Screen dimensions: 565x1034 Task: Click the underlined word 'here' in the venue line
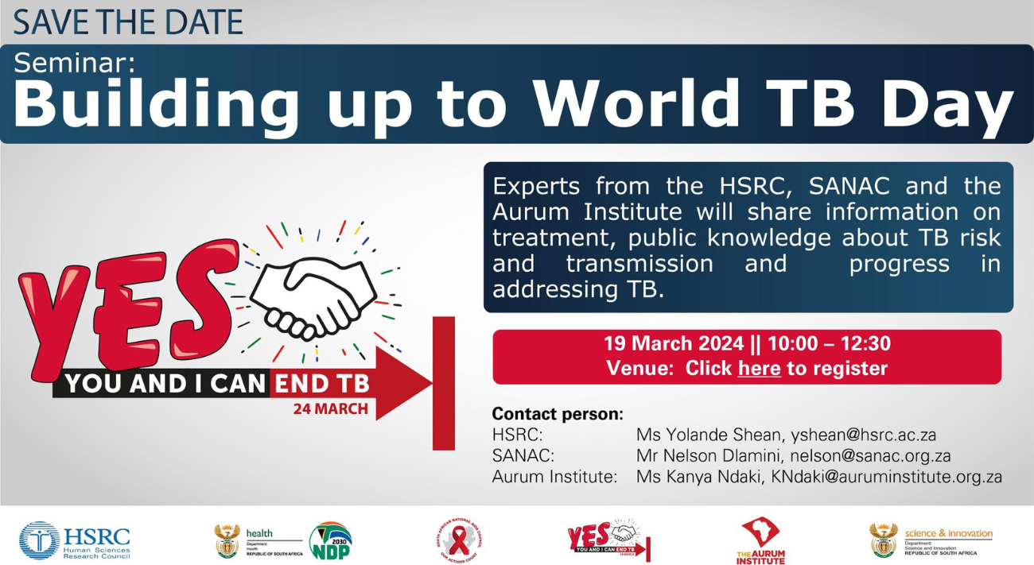pyautogui.click(x=759, y=369)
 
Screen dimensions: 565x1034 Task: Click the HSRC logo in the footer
pyautogui.click(x=75, y=540)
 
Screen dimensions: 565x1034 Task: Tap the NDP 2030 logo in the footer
pyautogui.click(x=330, y=541)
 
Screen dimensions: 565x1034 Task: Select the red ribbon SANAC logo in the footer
pyautogui.click(x=460, y=541)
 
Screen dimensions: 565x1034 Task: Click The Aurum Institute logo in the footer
pyautogui.click(x=760, y=540)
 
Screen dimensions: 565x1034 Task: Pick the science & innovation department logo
pyautogui.click(x=931, y=540)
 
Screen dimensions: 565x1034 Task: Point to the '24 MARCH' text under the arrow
pyautogui.click(x=330, y=409)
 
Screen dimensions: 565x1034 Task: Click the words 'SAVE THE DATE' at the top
pyautogui.click(x=127, y=21)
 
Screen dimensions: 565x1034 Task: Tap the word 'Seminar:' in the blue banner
pyautogui.click(x=75, y=62)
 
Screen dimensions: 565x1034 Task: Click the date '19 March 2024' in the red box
pyautogui.click(x=674, y=344)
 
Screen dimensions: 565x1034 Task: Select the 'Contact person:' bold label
pyautogui.click(x=557, y=414)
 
